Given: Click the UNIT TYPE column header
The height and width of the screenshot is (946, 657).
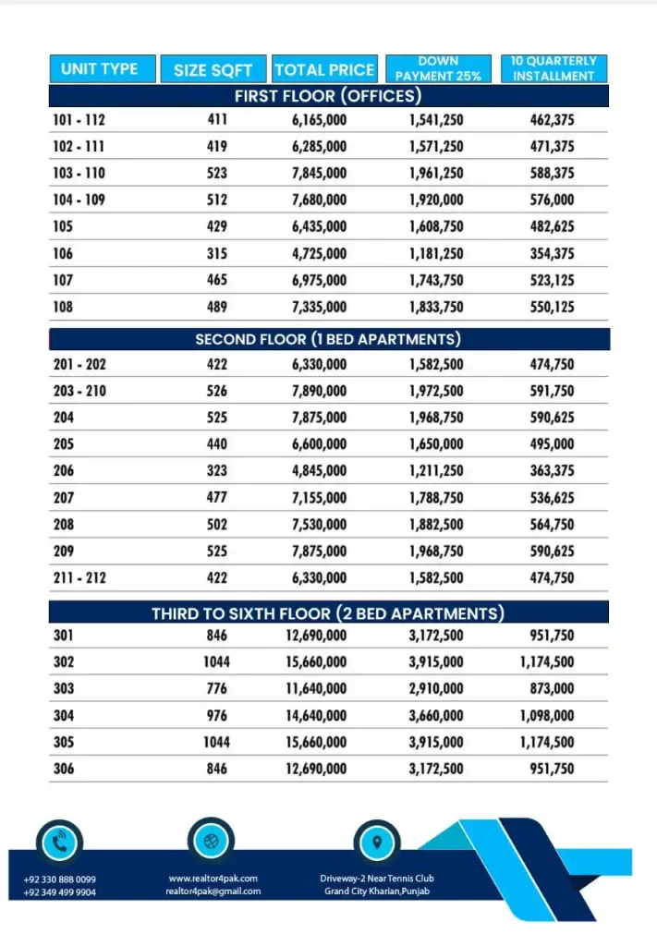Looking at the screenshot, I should coord(99,69).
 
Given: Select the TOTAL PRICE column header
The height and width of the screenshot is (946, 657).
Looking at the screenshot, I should coord(324,69).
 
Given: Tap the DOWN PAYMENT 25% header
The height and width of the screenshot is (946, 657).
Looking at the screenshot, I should coord(438,69).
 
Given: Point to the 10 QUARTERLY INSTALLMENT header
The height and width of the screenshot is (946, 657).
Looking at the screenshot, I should coord(554,69).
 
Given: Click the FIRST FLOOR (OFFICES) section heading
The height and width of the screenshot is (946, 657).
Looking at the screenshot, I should coord(328,96).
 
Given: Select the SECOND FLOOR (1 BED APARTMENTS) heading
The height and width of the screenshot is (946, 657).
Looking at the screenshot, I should coord(328,339).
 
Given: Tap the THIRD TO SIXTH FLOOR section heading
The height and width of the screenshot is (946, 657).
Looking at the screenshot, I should coord(328,613).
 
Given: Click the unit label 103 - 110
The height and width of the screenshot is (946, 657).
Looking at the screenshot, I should coord(79,173).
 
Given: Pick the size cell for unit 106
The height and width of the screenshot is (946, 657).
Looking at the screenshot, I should coord(217,253).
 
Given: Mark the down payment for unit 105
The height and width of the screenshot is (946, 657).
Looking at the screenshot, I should coord(436,226).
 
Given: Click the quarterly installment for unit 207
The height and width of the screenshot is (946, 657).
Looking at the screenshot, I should coord(553,498).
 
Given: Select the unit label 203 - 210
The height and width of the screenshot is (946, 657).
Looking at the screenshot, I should coord(79,391).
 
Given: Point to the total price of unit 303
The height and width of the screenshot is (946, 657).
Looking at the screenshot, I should coord(316,688).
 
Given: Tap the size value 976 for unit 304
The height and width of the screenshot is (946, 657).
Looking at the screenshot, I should coord(217,715).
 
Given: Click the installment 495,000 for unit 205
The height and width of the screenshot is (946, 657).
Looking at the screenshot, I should coord(553,444).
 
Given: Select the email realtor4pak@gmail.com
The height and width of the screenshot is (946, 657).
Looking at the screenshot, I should coord(213,891).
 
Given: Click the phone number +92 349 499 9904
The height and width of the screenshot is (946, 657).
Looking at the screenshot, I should coord(59,892).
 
